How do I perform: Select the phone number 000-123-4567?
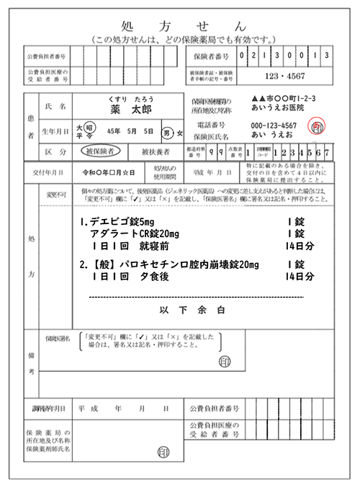pyautogui.click(x=274, y=125)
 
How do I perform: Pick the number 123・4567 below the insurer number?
pyautogui.click(x=287, y=74)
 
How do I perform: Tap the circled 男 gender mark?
pyautogui.click(x=166, y=133)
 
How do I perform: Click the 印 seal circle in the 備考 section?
pyautogui.click(x=225, y=360)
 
